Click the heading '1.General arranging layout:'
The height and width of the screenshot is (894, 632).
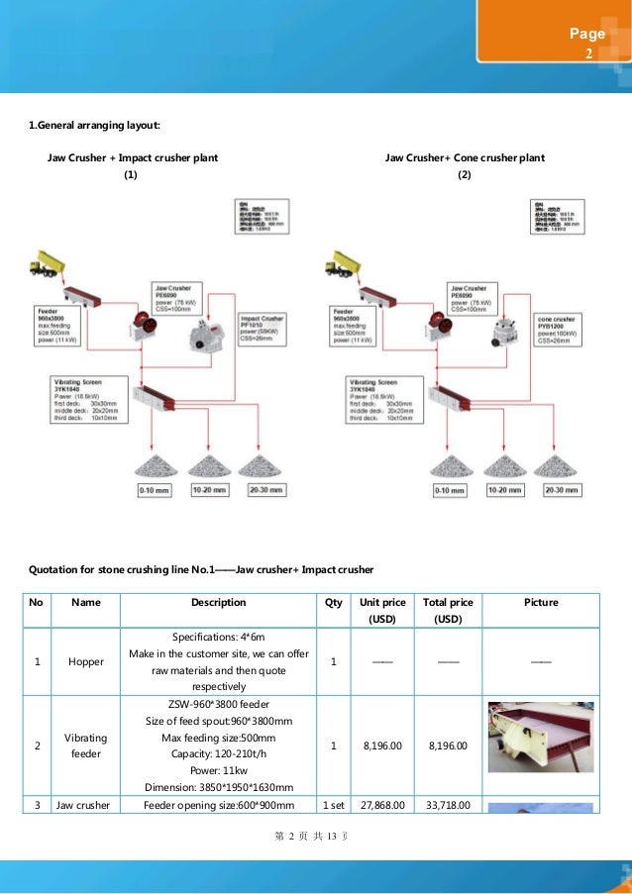[93, 125]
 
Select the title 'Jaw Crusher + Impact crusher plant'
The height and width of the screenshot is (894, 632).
[133, 157]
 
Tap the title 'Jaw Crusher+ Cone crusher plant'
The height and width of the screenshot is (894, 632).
[465, 157]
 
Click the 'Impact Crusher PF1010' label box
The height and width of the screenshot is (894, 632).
[263, 329]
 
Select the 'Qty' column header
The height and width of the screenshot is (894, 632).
[333, 602]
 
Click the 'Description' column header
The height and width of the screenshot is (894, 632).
[218, 602]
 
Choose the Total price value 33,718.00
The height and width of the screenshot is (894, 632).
[448, 805]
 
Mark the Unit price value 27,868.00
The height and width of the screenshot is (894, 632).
[382, 805]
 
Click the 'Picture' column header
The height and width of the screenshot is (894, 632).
[541, 602]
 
